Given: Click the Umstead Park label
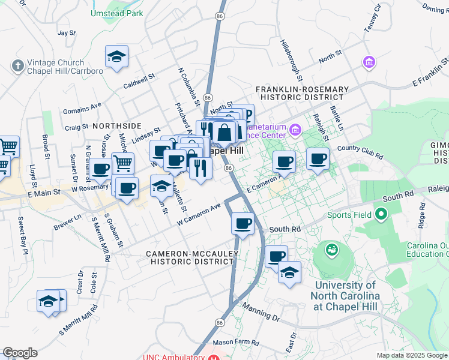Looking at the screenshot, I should click(117, 13).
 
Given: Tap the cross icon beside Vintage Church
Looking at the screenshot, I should click(17, 65).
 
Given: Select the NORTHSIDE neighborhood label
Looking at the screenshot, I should click(117, 126).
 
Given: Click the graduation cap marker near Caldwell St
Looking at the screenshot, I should click(116, 56).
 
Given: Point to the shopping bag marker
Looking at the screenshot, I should click(224, 133).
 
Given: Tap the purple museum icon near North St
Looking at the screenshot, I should click(369, 62).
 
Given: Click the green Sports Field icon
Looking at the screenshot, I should click(381, 214).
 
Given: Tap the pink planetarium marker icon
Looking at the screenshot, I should click(295, 130).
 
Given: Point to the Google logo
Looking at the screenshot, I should click(20, 353).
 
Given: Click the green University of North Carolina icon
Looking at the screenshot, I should click(331, 248).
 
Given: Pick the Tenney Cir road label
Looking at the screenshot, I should click(372, 19).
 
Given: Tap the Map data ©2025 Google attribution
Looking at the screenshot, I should click(411, 355).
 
